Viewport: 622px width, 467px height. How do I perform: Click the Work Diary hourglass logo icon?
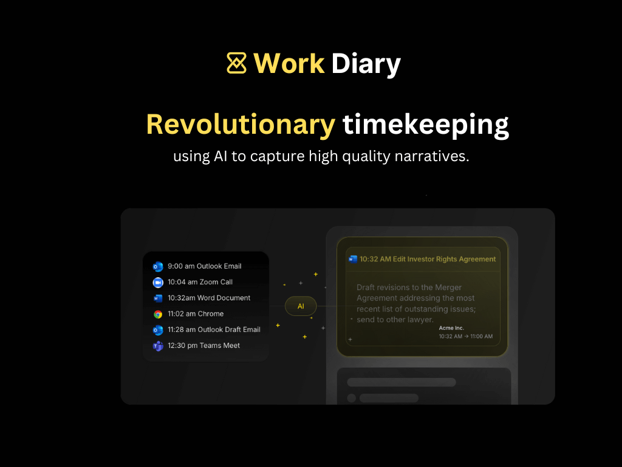(236, 63)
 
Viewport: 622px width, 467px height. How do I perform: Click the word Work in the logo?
(289, 63)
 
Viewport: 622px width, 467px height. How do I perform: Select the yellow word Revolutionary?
(241, 125)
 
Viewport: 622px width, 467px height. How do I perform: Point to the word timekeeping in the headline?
(426, 125)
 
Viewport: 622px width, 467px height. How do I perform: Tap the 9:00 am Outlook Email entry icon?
(158, 266)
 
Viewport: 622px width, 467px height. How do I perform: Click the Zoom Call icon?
(158, 282)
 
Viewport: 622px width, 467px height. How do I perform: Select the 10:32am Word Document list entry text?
(209, 298)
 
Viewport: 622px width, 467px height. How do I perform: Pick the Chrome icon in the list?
(158, 314)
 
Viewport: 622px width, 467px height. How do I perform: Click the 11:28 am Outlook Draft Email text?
(214, 330)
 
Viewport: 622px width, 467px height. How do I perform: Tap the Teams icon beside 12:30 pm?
(158, 346)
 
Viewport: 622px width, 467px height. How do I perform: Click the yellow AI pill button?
(301, 306)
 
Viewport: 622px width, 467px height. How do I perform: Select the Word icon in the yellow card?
(353, 259)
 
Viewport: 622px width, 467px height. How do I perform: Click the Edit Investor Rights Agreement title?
(444, 259)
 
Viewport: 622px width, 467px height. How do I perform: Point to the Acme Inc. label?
(451, 328)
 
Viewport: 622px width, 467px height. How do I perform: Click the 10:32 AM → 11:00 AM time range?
(466, 336)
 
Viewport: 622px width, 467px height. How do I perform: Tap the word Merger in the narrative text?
(448, 288)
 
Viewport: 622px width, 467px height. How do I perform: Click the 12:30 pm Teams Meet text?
(204, 345)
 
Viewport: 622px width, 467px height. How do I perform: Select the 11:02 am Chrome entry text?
(196, 314)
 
